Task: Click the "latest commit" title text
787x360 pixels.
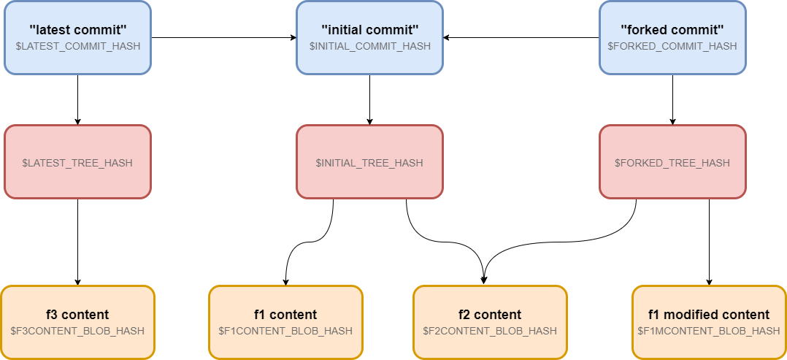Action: coord(77,30)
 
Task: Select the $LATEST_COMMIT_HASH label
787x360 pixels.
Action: coord(77,46)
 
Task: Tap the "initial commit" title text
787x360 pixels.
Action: coord(369,30)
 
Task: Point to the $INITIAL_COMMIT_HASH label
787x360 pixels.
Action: coord(369,46)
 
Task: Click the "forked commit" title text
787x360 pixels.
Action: coord(672,30)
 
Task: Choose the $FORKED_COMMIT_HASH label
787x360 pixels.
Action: coord(672,46)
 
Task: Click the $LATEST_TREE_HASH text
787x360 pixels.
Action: coord(77,163)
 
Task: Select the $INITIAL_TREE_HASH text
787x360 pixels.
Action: coord(369,163)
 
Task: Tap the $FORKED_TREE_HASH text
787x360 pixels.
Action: coord(672,163)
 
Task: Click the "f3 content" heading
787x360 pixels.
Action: coord(77,315)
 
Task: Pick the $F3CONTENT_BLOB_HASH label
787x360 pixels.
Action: coord(77,331)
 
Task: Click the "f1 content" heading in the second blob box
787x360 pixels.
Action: coord(285,315)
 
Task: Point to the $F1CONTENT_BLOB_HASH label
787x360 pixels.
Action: coord(285,331)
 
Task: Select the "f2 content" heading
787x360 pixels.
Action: coord(490,315)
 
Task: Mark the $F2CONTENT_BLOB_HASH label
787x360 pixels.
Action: coord(490,331)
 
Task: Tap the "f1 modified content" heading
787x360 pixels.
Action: coord(709,315)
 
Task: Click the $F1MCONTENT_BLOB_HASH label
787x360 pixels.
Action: coord(709,331)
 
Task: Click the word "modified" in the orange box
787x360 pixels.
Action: coord(691,315)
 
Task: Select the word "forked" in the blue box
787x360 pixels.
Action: coord(645,30)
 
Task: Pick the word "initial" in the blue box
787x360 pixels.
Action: coord(345,30)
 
